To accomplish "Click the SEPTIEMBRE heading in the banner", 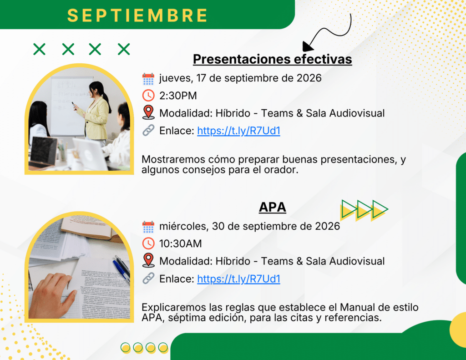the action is [x=137, y=15].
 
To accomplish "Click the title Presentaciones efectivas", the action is [x=272, y=59].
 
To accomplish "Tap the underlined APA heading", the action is [x=272, y=207].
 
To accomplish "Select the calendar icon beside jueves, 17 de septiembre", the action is [x=148, y=79].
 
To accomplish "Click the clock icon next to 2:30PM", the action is [x=148, y=96].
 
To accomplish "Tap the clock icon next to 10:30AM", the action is [x=148, y=243].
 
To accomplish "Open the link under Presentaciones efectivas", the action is [x=238, y=131].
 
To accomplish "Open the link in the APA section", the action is [x=238, y=279].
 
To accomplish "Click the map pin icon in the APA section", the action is [x=148, y=260].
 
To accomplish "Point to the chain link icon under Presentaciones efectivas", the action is [x=148, y=131].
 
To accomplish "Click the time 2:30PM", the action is [x=178, y=96].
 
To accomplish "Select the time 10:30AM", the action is [x=180, y=244].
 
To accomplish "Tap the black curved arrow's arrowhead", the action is [x=307, y=46].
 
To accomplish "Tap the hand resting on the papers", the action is [x=52, y=296].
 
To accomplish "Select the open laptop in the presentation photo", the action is [x=43, y=152].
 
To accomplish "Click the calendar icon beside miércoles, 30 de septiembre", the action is [x=148, y=227].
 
